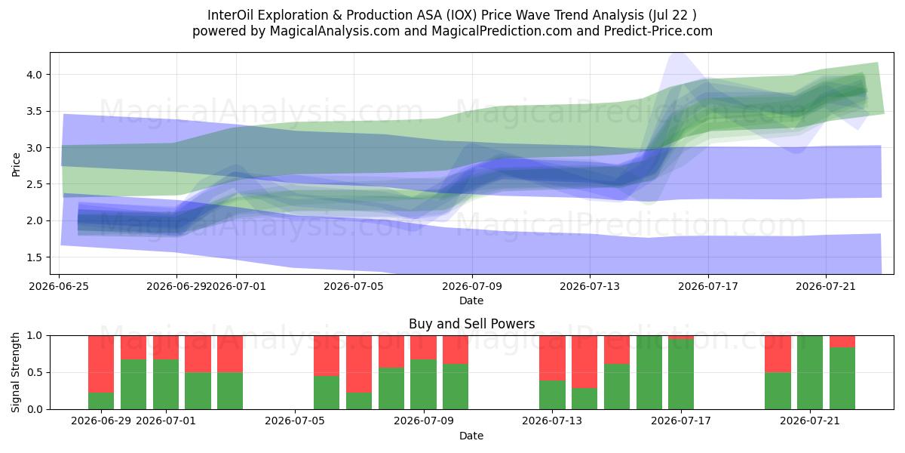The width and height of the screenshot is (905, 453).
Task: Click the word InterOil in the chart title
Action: coord(230,15)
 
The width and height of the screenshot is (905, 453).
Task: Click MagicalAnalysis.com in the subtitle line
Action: coord(335,31)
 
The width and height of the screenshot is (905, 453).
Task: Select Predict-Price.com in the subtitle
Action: coord(658,31)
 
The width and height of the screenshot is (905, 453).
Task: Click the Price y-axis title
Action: coord(16,165)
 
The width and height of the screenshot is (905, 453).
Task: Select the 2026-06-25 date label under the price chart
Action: coord(59,286)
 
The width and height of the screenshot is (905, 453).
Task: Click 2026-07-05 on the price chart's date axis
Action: coord(354,286)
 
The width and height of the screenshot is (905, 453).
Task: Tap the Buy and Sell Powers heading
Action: coord(471,324)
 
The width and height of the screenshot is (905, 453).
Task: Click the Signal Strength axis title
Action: coord(16,372)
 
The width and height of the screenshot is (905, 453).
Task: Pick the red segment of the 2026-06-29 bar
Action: coord(101,364)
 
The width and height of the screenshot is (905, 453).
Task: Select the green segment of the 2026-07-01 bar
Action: coord(166,384)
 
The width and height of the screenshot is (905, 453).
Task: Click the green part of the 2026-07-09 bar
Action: coord(423,384)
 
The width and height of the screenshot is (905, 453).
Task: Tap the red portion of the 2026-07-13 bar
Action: coord(552,358)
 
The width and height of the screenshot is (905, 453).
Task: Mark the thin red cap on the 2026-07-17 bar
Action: coord(681,337)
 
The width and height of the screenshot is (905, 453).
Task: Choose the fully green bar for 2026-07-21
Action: coord(810,372)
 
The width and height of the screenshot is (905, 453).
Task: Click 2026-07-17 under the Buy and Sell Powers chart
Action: coord(681,421)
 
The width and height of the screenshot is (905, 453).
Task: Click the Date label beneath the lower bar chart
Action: coord(471,436)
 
